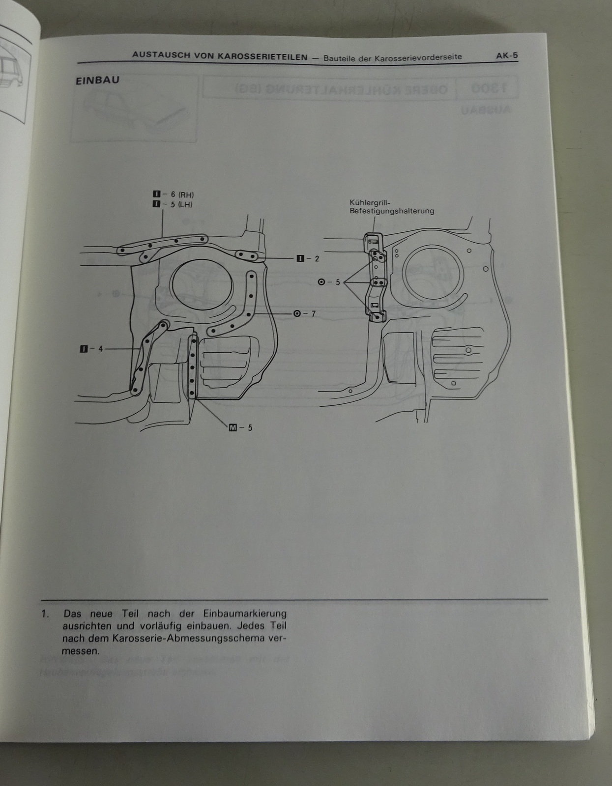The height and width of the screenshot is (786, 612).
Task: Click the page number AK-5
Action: tap(507, 56)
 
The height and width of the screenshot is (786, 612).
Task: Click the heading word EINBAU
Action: tap(97, 80)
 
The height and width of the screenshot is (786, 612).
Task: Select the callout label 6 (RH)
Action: tap(182, 195)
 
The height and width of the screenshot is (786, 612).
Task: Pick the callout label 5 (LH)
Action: tap(181, 204)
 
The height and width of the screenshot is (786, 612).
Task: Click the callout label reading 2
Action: tap(317, 258)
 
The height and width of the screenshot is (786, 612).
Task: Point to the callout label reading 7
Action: tap(313, 313)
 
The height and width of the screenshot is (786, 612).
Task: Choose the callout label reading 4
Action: tap(100, 349)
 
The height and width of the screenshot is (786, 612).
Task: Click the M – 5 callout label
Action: tap(241, 427)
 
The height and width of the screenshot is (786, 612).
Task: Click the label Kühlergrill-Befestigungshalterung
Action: tap(391, 207)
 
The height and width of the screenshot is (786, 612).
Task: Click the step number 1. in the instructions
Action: tap(46, 614)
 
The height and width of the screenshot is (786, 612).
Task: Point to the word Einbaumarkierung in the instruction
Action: tap(244, 614)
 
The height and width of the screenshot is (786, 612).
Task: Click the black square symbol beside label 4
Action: tap(84, 349)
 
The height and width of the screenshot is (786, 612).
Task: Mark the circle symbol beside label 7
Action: tap(297, 313)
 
